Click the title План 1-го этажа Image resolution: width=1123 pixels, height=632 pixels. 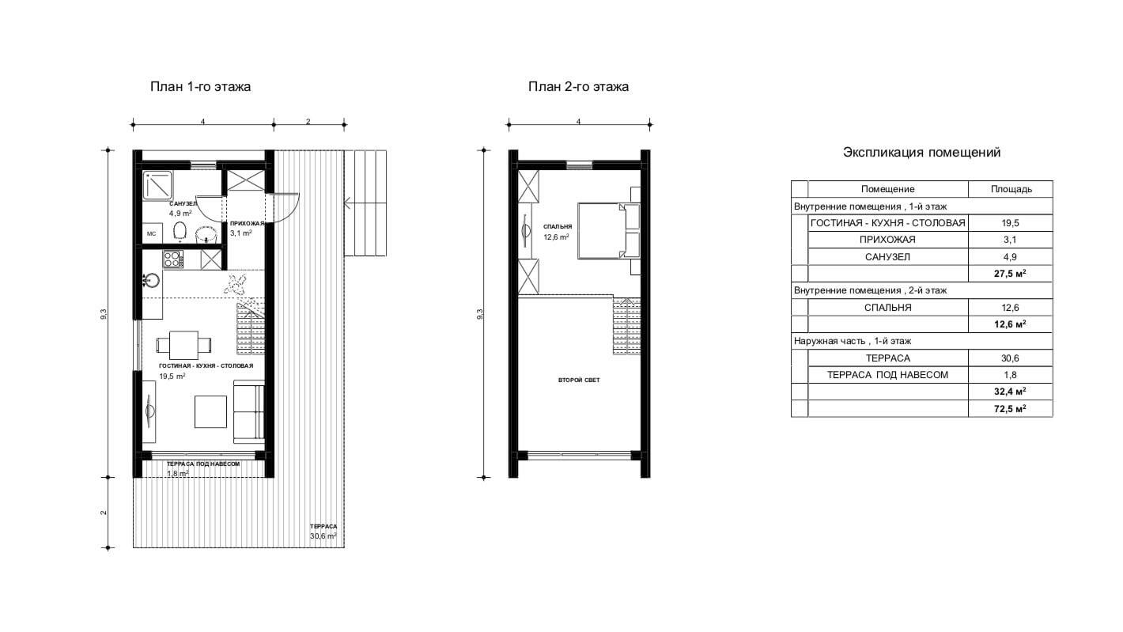[200, 87]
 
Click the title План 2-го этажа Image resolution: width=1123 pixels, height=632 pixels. [578, 87]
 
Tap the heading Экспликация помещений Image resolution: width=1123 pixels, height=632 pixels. [921, 152]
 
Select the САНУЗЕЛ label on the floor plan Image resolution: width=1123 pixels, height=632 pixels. [183, 204]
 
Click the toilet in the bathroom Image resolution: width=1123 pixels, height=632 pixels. [180, 231]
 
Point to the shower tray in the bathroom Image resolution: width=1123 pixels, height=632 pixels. [158, 185]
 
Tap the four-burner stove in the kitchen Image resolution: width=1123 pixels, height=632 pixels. [172, 259]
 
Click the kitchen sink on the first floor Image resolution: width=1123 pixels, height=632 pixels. [151, 280]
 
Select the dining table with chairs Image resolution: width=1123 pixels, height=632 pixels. [183, 345]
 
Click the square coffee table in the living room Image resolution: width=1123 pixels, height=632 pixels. [210, 411]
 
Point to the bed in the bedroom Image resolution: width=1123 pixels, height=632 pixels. [609, 231]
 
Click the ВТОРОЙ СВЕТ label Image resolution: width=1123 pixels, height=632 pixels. [579, 380]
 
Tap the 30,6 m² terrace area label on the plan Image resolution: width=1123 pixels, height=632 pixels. [323, 535]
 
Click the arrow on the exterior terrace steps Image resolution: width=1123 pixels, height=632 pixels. [365, 203]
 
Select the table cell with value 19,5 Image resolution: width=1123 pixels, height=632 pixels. [1010, 223]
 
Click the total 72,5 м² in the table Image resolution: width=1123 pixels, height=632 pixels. [1010, 409]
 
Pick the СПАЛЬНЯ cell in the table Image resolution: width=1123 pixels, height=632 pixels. [888, 308]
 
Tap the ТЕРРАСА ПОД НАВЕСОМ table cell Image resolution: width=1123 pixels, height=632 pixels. [888, 375]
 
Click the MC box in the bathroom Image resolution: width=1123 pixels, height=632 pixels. [151, 234]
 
